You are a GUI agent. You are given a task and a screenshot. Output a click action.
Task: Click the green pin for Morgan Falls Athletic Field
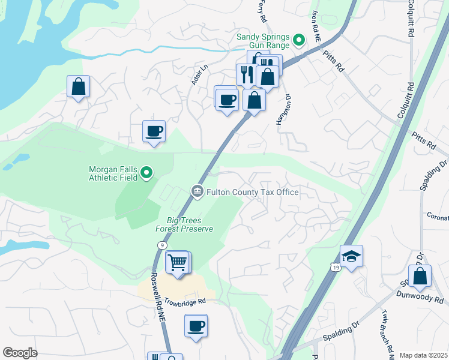pyautogui.click(x=147, y=174)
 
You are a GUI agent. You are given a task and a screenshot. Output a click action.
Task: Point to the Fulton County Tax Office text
pyautogui.click(x=252, y=192)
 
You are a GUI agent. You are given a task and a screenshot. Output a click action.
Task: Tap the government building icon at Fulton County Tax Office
pyautogui.click(x=197, y=191)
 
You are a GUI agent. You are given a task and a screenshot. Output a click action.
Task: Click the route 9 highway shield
pyautogui.click(x=162, y=245)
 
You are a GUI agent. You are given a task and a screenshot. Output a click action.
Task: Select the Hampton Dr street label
pyautogui.click(x=283, y=109)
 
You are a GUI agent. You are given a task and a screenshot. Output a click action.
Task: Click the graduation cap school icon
pyautogui.click(x=351, y=256)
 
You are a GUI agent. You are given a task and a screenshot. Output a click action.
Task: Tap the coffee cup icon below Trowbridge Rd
pyautogui.click(x=196, y=326)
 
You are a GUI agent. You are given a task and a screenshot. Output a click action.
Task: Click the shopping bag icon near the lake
pyautogui.click(x=78, y=86)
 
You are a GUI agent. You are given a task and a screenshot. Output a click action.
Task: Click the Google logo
pyautogui.click(x=20, y=353)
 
